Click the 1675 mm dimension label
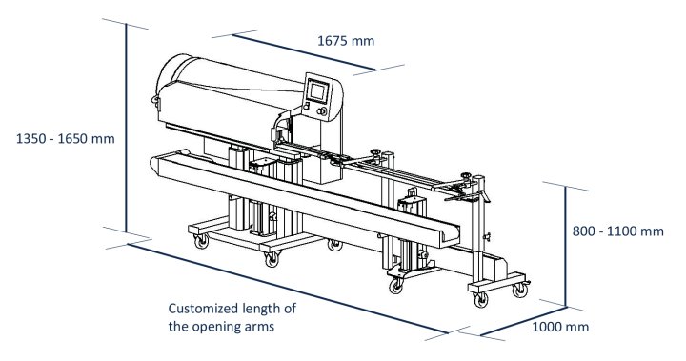tap(345, 41)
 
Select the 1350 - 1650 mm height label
tap(59, 138)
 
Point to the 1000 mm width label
tap(560, 326)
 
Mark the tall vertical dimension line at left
tap(125, 129)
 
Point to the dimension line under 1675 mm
tap(305, 52)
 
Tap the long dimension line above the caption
tap(286, 286)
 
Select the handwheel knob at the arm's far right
tap(467, 176)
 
